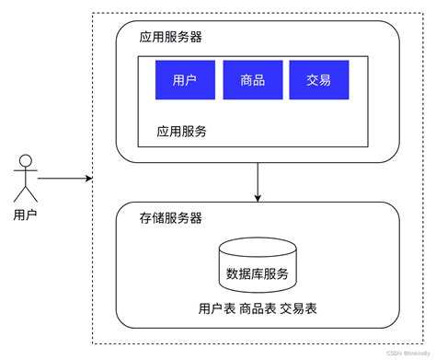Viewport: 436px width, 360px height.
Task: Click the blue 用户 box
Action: tap(185, 80)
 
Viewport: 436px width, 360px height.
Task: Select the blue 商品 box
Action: tap(252, 80)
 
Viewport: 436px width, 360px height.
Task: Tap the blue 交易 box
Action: tap(318, 80)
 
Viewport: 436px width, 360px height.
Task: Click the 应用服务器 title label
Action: tap(171, 38)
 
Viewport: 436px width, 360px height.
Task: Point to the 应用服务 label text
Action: tap(181, 131)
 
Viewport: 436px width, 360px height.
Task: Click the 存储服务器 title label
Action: tap(171, 218)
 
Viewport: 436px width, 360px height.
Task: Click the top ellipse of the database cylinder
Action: tap(257, 247)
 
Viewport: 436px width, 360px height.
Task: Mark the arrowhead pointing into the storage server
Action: tap(258, 197)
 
